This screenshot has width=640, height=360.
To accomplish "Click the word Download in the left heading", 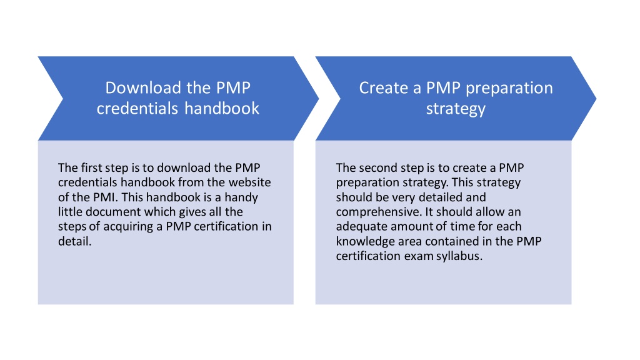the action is (x=143, y=87).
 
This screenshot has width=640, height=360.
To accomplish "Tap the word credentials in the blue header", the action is (x=137, y=109).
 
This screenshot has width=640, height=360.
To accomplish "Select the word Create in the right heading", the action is (x=384, y=87).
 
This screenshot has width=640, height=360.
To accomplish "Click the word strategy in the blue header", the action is (x=456, y=109).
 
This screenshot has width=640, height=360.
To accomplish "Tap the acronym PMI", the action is (x=105, y=197).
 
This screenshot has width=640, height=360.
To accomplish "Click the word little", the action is (x=70, y=212).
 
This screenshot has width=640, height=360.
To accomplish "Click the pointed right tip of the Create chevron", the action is (x=596, y=98).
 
